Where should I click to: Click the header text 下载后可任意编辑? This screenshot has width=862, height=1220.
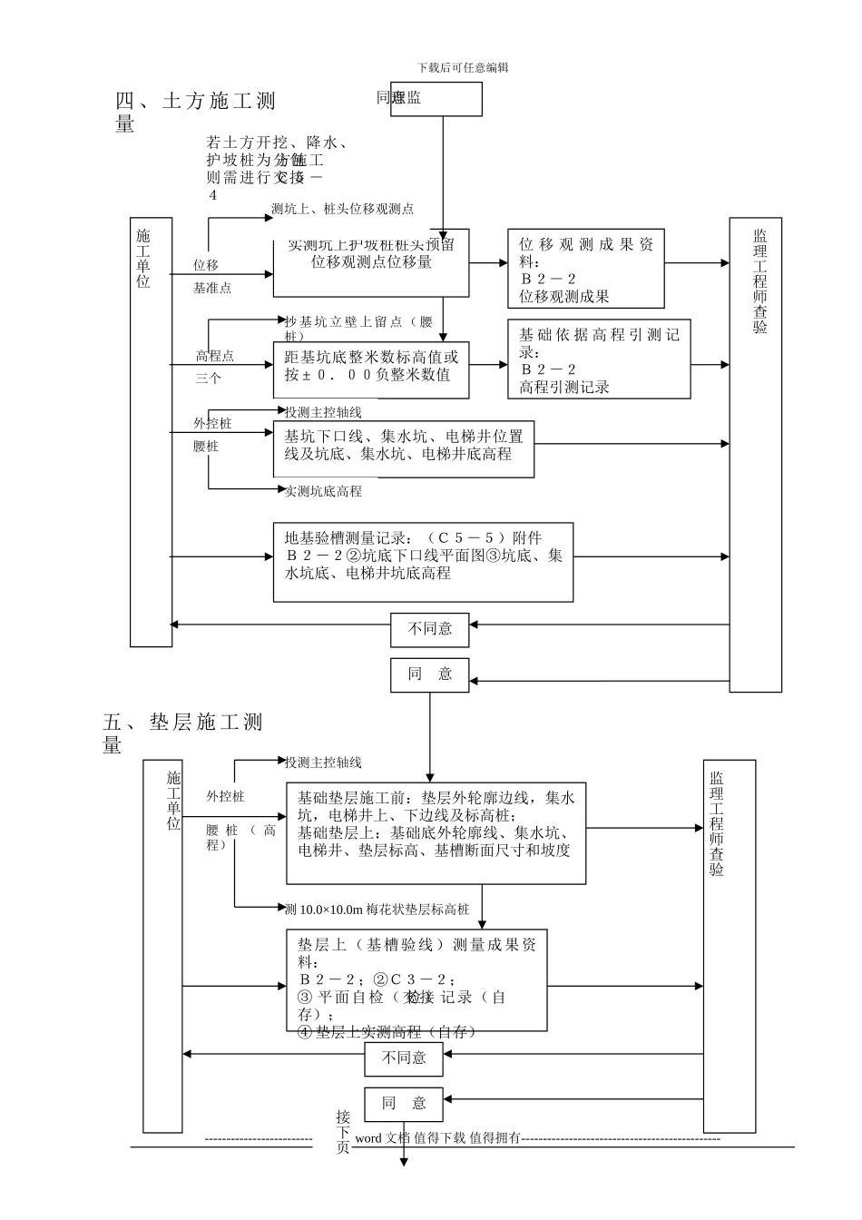(x=463, y=67)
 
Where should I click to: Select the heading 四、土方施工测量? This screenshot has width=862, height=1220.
(x=195, y=112)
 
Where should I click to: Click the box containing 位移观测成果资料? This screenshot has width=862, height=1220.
(x=586, y=270)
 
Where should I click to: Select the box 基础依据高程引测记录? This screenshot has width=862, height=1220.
(x=599, y=359)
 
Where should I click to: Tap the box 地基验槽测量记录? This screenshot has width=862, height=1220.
(x=423, y=561)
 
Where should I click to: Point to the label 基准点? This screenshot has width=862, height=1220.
(x=211, y=289)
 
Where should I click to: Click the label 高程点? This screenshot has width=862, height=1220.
(x=215, y=356)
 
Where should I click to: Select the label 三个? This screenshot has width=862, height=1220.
(x=208, y=379)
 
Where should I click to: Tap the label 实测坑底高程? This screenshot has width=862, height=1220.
(x=323, y=491)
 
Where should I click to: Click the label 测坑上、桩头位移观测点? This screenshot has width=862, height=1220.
(x=342, y=209)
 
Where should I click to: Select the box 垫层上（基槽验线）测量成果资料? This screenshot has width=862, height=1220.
(x=416, y=980)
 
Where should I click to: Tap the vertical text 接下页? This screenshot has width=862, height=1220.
(x=342, y=1131)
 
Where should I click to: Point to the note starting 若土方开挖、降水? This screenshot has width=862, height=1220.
(x=277, y=168)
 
